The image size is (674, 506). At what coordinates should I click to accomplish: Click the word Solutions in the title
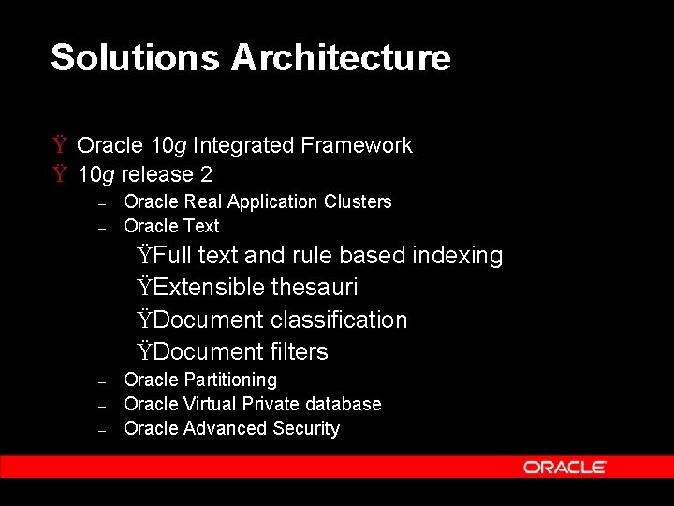pyautogui.click(x=135, y=58)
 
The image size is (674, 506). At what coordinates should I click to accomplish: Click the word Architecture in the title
pyautogui.click(x=341, y=58)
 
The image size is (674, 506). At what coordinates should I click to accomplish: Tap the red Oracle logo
pyautogui.click(x=564, y=467)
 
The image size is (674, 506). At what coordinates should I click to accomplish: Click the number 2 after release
pyautogui.click(x=206, y=174)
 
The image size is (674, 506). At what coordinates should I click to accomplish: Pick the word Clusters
pyautogui.click(x=358, y=201)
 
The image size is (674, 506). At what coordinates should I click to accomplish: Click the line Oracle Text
pyautogui.click(x=171, y=226)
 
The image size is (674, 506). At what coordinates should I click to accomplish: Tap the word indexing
pyautogui.click(x=460, y=256)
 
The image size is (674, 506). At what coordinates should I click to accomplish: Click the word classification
pyautogui.click(x=339, y=320)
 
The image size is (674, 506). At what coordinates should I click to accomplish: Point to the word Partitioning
pyautogui.click(x=230, y=379)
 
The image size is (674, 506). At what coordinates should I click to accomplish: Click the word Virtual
pyautogui.click(x=211, y=404)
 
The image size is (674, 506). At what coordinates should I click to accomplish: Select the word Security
pyautogui.click(x=306, y=428)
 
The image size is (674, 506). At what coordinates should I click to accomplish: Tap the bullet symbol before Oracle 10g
pyautogui.click(x=59, y=145)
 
